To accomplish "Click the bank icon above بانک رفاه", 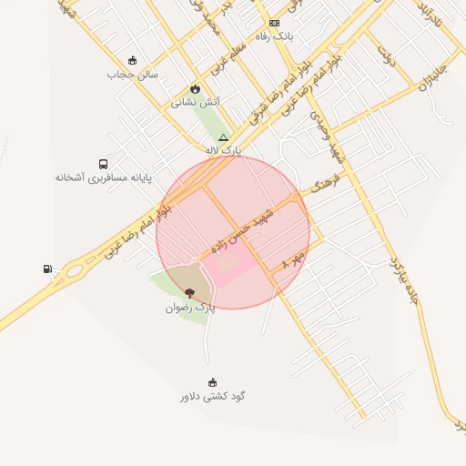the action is [x=274, y=23].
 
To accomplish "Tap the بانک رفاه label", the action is [x=274, y=35].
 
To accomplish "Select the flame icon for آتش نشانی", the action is [x=195, y=88].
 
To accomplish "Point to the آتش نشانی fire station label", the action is [x=195, y=102].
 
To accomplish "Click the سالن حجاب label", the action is [x=133, y=74].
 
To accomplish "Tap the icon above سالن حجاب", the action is [x=133, y=60].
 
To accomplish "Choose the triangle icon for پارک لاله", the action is [x=223, y=137].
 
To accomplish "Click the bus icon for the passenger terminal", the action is [x=102, y=164].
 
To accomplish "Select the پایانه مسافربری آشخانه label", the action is [x=102, y=177].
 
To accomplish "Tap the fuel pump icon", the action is [x=47, y=268].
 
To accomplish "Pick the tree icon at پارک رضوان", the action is [x=189, y=293].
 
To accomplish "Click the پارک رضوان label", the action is [x=190, y=308].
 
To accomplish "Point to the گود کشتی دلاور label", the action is [x=212, y=396].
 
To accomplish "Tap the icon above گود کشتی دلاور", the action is [x=212, y=382].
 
